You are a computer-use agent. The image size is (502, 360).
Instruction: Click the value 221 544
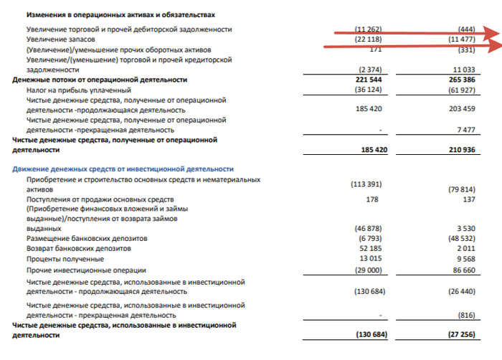[x=368, y=80]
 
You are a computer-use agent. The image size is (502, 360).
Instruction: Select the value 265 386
[x=460, y=80]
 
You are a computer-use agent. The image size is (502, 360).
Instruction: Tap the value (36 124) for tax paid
[x=368, y=90]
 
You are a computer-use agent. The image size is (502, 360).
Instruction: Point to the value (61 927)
[x=460, y=90]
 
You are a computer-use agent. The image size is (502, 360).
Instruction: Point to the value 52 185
[x=370, y=248]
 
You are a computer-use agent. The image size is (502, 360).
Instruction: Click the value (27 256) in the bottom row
[x=460, y=336]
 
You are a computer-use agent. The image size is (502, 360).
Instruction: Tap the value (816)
[x=467, y=315]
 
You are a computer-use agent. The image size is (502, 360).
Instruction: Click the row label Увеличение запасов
[x=58, y=39]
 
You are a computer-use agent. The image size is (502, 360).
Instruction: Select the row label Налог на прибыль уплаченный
[x=78, y=90]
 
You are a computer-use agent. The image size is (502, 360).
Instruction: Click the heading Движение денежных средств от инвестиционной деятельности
[x=122, y=168]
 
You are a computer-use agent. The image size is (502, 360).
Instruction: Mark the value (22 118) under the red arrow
[x=370, y=39]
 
